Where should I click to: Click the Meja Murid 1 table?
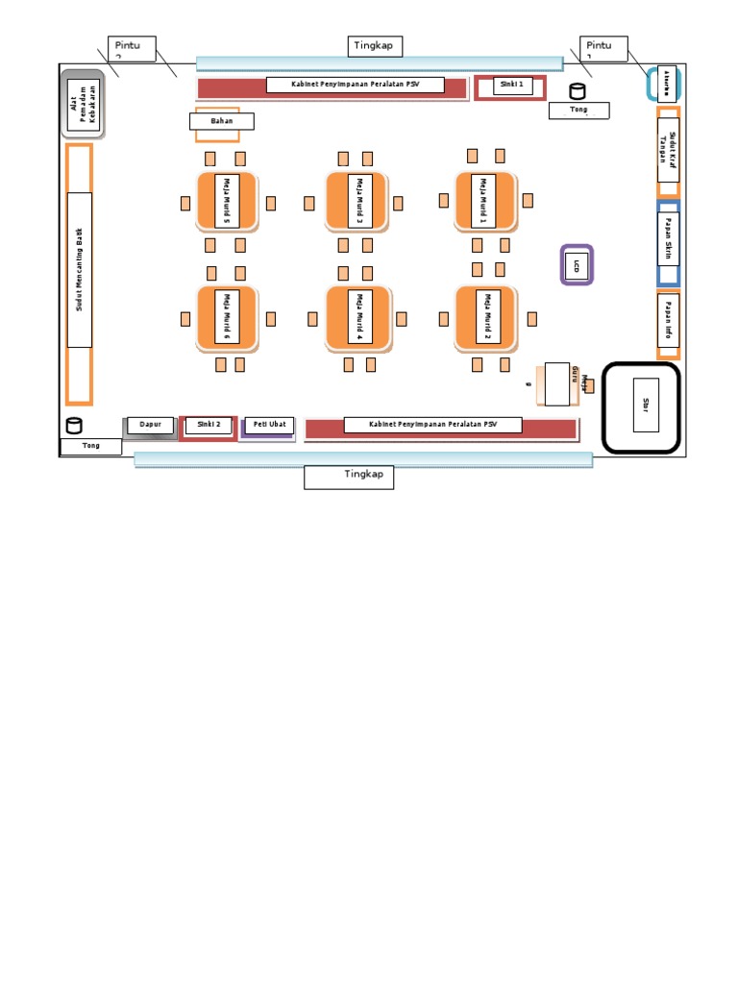(x=486, y=201)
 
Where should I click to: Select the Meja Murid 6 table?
(x=227, y=317)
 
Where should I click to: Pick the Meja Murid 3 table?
(x=357, y=201)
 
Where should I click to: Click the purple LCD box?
(x=577, y=264)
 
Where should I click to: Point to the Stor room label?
(x=645, y=405)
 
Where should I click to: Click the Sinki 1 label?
(x=513, y=86)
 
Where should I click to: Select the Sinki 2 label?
(x=209, y=425)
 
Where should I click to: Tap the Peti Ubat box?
(x=268, y=425)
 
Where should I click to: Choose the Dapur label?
(x=150, y=425)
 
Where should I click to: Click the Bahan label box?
(x=222, y=121)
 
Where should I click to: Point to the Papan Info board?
(x=668, y=321)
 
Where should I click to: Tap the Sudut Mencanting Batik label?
(x=80, y=269)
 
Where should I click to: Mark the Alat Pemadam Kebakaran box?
(x=84, y=105)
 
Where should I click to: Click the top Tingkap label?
(x=376, y=47)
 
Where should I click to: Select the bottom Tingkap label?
(x=349, y=477)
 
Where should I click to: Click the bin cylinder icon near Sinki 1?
(x=578, y=91)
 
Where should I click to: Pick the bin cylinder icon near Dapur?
(x=74, y=427)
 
